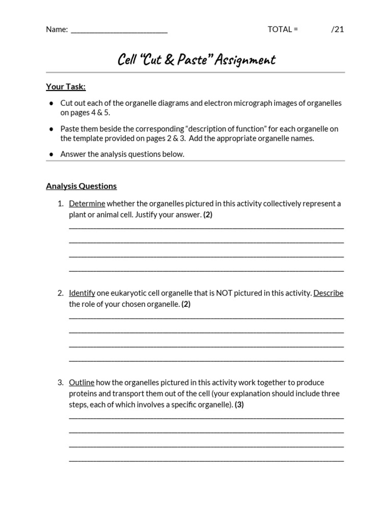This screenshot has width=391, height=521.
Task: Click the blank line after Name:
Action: [119, 30]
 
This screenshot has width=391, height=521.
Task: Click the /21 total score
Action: [338, 29]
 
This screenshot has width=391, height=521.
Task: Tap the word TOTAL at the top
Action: [280, 29]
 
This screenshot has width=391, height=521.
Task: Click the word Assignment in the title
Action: [245, 60]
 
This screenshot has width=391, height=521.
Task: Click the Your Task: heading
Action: [66, 86]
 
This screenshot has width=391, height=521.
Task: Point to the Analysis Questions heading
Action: [81, 186]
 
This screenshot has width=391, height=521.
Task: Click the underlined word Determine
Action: [87, 204]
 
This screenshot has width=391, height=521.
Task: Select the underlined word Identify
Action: [82, 293]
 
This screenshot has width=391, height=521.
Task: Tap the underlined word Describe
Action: [328, 293]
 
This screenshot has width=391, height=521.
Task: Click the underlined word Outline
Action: [81, 383]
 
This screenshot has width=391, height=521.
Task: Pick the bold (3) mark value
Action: [239, 405]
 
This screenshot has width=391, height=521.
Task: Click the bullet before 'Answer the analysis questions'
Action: [51, 154]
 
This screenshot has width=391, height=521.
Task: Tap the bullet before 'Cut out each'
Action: [51, 103]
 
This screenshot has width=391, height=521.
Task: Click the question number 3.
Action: [60, 383]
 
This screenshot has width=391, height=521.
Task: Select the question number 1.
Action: [60, 204]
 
